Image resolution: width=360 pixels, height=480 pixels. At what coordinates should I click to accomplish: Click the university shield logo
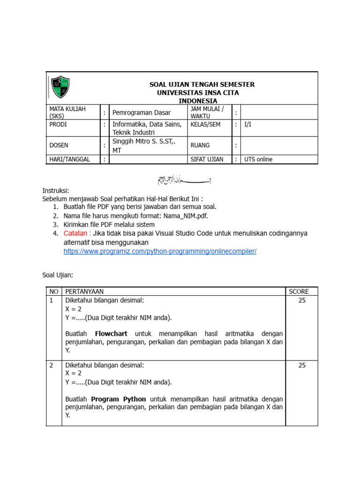click(x=60, y=87)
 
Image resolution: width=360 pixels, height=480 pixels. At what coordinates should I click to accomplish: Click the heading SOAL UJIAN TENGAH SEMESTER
click(x=202, y=84)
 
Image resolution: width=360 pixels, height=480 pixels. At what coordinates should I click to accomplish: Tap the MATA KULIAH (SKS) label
click(x=67, y=112)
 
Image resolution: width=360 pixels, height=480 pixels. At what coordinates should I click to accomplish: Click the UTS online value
click(x=258, y=159)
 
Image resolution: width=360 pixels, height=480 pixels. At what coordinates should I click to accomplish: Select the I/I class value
click(x=248, y=125)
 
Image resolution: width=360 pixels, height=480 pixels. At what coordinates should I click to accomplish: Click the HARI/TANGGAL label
click(x=69, y=159)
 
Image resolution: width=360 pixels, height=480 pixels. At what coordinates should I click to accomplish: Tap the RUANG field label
click(x=200, y=145)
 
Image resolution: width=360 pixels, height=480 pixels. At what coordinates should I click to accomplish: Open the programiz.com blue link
click(x=160, y=251)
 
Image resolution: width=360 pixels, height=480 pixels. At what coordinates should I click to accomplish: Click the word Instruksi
click(x=56, y=190)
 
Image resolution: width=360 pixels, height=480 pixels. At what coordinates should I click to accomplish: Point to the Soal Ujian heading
click(x=58, y=275)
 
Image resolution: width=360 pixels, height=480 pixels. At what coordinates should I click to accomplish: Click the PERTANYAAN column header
click(x=84, y=292)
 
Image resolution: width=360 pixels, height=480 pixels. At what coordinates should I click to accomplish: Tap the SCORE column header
click(x=299, y=292)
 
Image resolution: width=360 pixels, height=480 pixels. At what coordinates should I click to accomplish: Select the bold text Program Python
click(x=119, y=399)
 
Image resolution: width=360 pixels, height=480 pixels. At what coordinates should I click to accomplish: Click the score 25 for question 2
click(x=302, y=365)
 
